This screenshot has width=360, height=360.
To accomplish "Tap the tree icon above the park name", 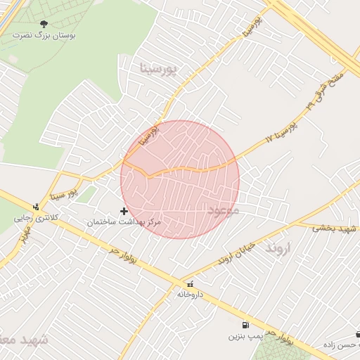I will coord(44,23).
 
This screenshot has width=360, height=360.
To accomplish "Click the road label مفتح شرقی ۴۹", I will coord(325,91).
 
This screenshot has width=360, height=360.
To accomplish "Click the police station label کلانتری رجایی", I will coord(38,218).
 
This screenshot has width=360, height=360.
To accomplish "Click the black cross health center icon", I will coord(124,211).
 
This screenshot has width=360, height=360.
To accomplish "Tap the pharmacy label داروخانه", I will coord(190,294).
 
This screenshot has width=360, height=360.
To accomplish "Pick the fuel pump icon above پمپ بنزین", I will coord(244,325).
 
